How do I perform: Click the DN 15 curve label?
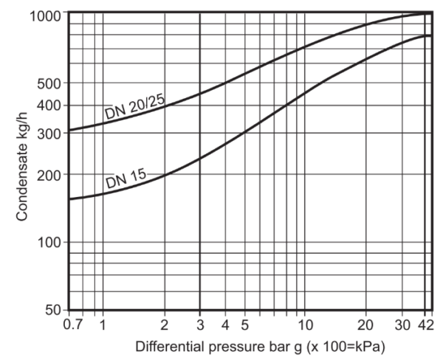tap(126, 178)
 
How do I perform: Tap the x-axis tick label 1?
tap(103, 325)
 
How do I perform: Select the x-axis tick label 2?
tap(165, 325)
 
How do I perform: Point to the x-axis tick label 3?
tap(200, 325)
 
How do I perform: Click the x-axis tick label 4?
tap(225, 325)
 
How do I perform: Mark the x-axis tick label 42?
tap(427, 325)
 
